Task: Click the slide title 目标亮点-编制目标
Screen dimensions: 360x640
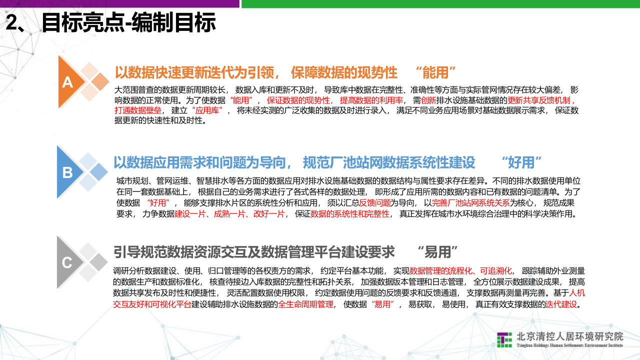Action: [x=128, y=23]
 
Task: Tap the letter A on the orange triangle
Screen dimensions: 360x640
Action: [x=67, y=83]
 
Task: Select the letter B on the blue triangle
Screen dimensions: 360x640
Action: [x=67, y=173]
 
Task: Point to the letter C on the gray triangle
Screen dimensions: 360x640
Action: [x=67, y=263]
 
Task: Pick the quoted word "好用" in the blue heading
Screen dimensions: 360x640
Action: [x=521, y=162]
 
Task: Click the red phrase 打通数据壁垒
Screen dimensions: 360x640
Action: [x=137, y=110]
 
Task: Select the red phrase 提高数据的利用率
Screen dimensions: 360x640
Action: [x=371, y=100]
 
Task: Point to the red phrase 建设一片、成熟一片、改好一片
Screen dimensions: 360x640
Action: [x=230, y=213]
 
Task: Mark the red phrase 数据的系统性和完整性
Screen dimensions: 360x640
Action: [x=349, y=213]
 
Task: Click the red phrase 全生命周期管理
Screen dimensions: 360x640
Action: [x=305, y=304]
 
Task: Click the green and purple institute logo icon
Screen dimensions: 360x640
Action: [x=504, y=339]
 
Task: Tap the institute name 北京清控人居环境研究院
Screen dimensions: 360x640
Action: [x=569, y=336]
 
